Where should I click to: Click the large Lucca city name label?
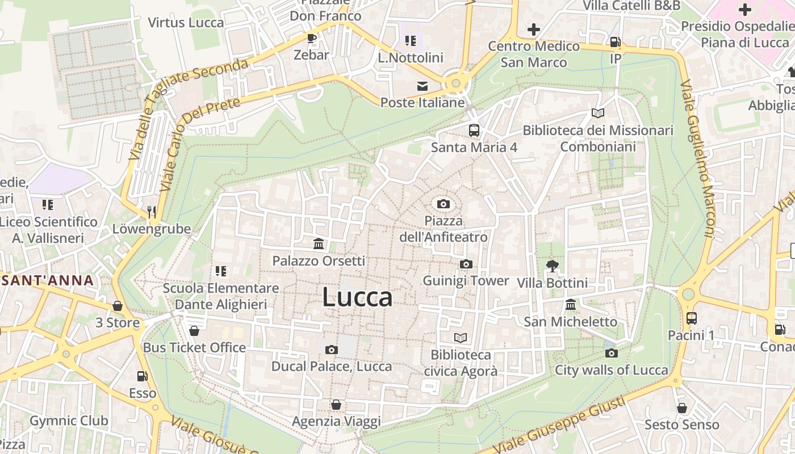pos(357,297)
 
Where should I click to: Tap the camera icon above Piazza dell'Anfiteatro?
pos(443,204)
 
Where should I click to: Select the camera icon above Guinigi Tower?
pos(466,264)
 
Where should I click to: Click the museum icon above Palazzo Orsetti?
pos(319,244)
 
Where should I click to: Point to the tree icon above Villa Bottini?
pos(552,266)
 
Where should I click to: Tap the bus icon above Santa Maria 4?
pos(474,131)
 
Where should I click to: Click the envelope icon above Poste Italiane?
pos(422,86)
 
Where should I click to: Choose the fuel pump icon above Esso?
pos(142,376)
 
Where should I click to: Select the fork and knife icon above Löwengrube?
pos(151,212)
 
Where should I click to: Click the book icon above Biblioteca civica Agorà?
pos(461,338)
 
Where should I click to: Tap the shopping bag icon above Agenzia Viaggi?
pos(336,405)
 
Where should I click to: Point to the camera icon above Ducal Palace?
pos(332,350)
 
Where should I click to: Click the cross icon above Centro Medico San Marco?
pos(533,29)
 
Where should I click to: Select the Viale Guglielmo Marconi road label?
pos(697,159)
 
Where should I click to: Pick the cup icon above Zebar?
pos(311,38)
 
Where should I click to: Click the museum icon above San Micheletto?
pos(571,305)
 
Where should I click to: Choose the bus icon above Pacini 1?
pos(691,318)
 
